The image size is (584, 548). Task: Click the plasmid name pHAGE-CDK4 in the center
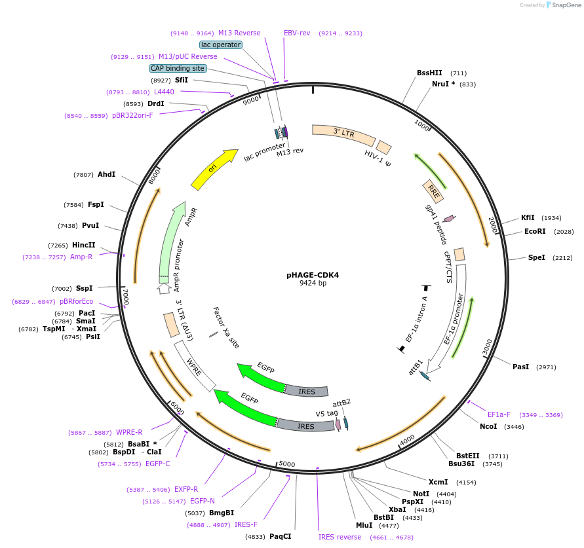[x=313, y=275]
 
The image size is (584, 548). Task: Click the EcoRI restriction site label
[x=535, y=231]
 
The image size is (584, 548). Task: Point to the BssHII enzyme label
[x=430, y=73]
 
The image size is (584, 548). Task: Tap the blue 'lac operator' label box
[x=221, y=45]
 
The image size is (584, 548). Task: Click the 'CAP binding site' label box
[x=178, y=68]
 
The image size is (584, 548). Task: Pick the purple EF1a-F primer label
[x=499, y=414]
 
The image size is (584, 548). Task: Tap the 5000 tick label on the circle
[x=287, y=464]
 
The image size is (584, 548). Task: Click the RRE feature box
[x=433, y=191]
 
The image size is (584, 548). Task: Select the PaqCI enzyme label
[x=280, y=537]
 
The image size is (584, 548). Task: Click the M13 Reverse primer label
[x=239, y=33]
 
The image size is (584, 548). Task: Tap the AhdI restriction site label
[x=106, y=175]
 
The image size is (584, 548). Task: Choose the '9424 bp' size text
[x=313, y=283]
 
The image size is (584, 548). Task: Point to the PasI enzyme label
[x=520, y=367]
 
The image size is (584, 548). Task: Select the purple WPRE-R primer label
[x=129, y=432]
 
